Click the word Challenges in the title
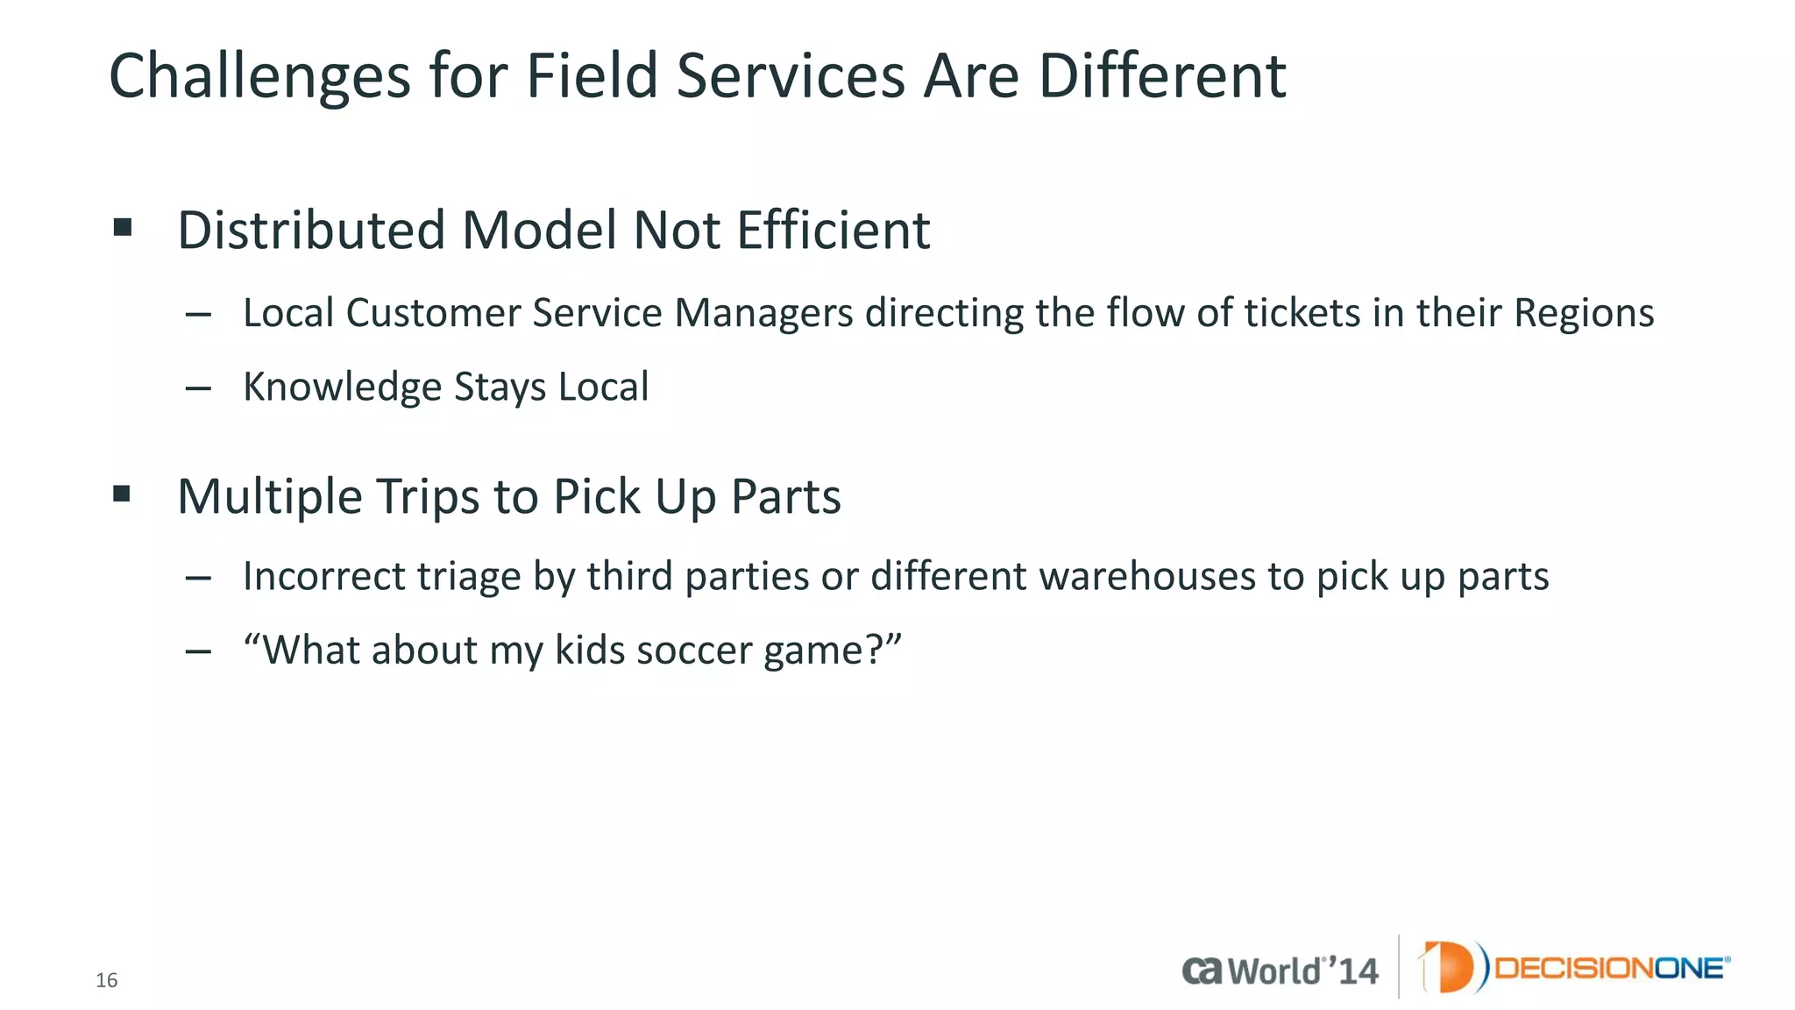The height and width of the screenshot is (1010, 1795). point(259,77)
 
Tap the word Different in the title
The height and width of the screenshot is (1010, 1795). point(1161,77)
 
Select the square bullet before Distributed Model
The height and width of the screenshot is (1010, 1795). point(123,229)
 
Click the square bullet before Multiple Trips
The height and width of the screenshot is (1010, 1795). point(123,494)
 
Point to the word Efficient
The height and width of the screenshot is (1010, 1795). point(833,231)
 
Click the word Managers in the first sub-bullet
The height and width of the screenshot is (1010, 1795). point(763,314)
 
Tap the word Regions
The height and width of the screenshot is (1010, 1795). point(1584,314)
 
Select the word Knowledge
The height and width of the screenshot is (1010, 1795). point(342,388)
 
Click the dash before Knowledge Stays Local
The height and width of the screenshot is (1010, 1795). point(199,388)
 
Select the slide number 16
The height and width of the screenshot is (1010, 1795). point(106,980)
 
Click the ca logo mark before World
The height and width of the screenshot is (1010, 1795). point(1202,971)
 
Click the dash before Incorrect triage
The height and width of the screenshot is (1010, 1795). point(199,577)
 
